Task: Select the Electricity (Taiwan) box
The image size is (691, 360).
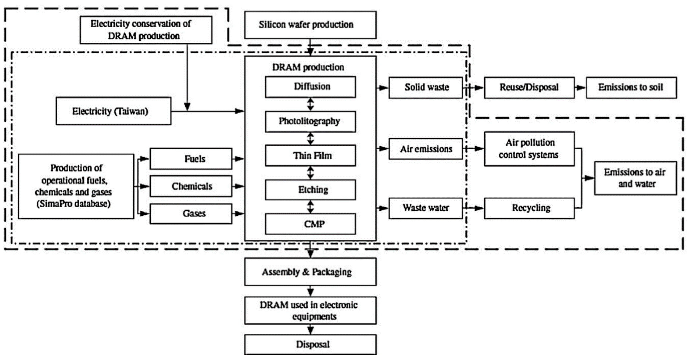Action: coord(113,111)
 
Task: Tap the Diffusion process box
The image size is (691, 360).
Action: coord(310,87)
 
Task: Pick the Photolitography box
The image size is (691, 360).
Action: coord(310,121)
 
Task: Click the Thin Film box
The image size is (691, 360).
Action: coord(310,156)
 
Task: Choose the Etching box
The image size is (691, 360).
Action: coord(310,190)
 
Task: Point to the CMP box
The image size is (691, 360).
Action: coord(310,224)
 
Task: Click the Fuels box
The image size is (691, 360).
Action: coord(191,159)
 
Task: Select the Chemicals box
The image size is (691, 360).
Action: coord(191,186)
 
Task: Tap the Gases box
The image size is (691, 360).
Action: coord(191,214)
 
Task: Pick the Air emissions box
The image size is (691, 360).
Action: coord(426,149)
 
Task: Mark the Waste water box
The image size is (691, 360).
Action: coord(426,208)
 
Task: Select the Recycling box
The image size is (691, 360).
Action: coord(529,208)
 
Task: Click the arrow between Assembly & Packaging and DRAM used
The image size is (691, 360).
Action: coord(310,291)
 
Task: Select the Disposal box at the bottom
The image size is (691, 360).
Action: coord(310,345)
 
